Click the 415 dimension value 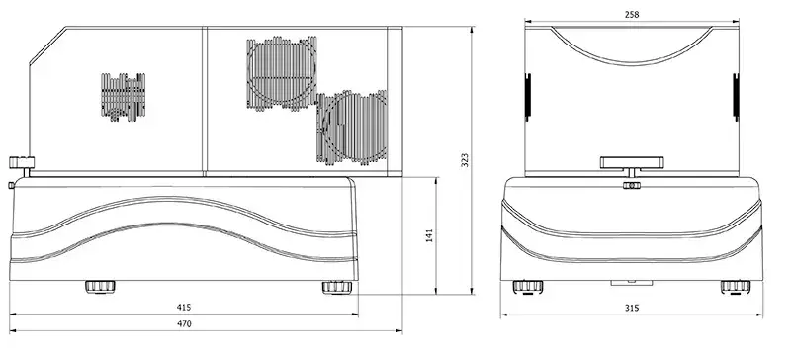(x=184, y=307)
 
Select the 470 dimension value (x=185, y=324)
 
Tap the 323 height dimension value (x=465, y=160)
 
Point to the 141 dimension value (x=429, y=235)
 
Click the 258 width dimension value (x=632, y=15)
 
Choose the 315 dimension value (x=632, y=308)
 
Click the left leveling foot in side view (x=100, y=287)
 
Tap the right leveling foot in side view (x=337, y=287)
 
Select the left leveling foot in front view (x=528, y=287)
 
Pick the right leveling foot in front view (x=736, y=287)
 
